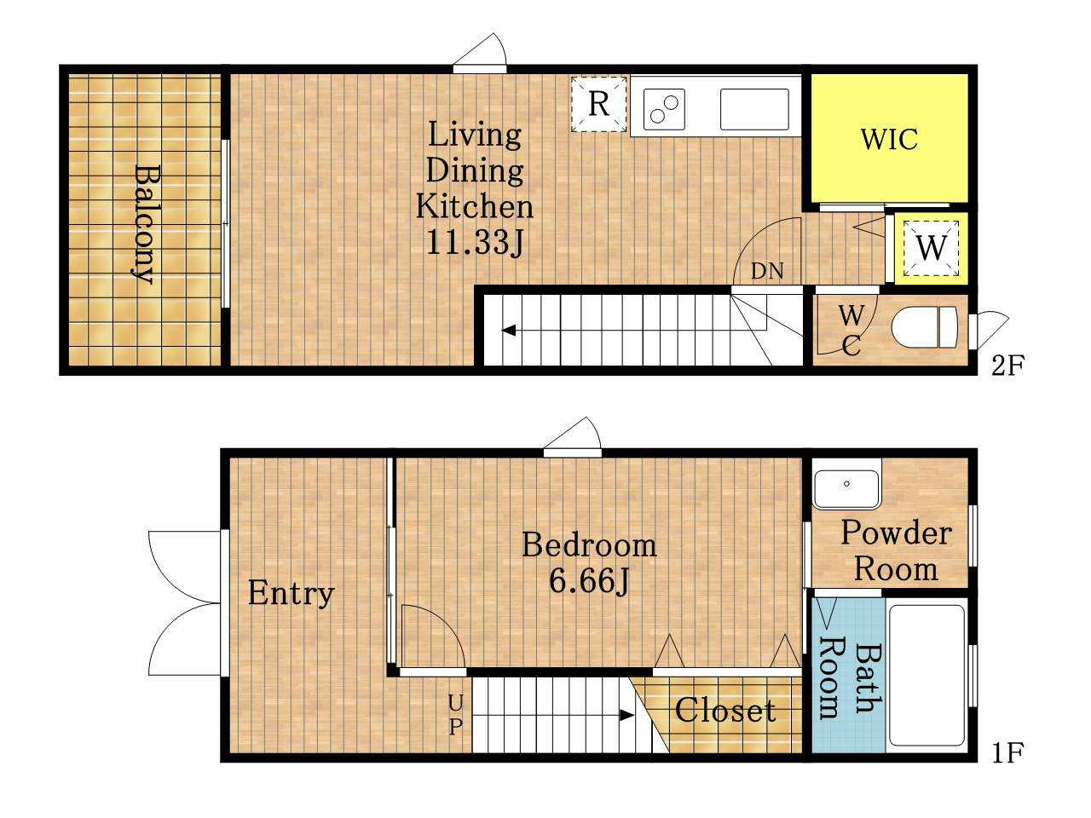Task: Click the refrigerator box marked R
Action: [598, 104]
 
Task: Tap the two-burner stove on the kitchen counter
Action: [664, 109]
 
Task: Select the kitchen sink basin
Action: [754, 109]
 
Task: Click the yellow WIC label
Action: [889, 139]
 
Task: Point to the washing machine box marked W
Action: [931, 247]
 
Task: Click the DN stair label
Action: [767, 271]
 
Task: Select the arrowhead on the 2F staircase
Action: [509, 331]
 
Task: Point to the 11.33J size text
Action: [475, 243]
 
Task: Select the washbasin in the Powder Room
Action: [846, 489]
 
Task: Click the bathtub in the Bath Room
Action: [926, 676]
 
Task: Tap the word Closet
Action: [725, 711]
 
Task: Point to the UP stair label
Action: [456, 715]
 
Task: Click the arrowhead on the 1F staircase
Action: [626, 715]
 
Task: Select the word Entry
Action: [292, 594]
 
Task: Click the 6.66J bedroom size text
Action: [590, 581]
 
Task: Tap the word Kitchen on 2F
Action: [475, 206]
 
